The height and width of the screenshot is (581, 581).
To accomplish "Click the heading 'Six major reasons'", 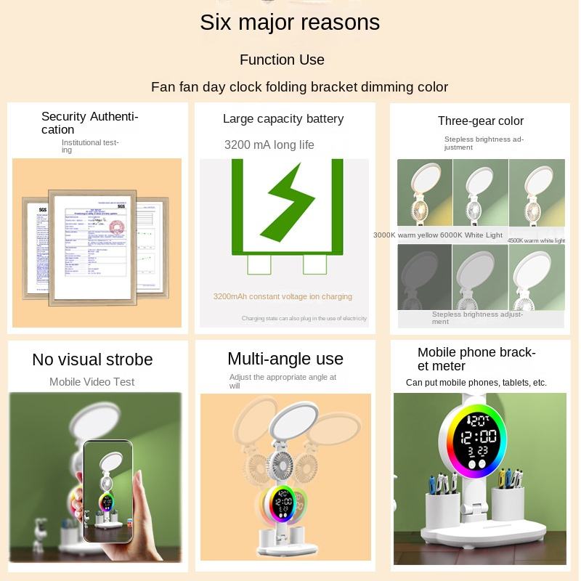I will click(290, 23).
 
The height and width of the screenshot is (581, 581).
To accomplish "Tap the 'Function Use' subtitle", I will click(282, 60).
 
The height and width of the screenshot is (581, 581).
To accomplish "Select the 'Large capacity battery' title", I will click(283, 118).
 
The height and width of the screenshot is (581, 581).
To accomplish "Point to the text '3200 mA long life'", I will click(269, 145).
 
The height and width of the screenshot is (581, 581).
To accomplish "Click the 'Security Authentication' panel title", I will click(89, 123).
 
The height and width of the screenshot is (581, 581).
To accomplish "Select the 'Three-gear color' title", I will click(480, 121).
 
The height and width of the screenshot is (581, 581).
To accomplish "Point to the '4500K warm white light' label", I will click(536, 240).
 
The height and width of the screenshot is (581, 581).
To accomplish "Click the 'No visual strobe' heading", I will click(92, 359).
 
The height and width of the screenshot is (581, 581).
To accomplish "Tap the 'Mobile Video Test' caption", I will click(92, 381).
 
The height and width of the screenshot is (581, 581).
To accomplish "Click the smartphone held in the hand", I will click(107, 491).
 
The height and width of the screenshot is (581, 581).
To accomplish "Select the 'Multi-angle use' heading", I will click(285, 359).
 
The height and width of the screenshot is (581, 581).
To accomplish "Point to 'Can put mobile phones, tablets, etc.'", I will click(476, 383).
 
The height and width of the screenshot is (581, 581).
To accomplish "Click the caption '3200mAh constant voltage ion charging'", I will click(283, 296).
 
